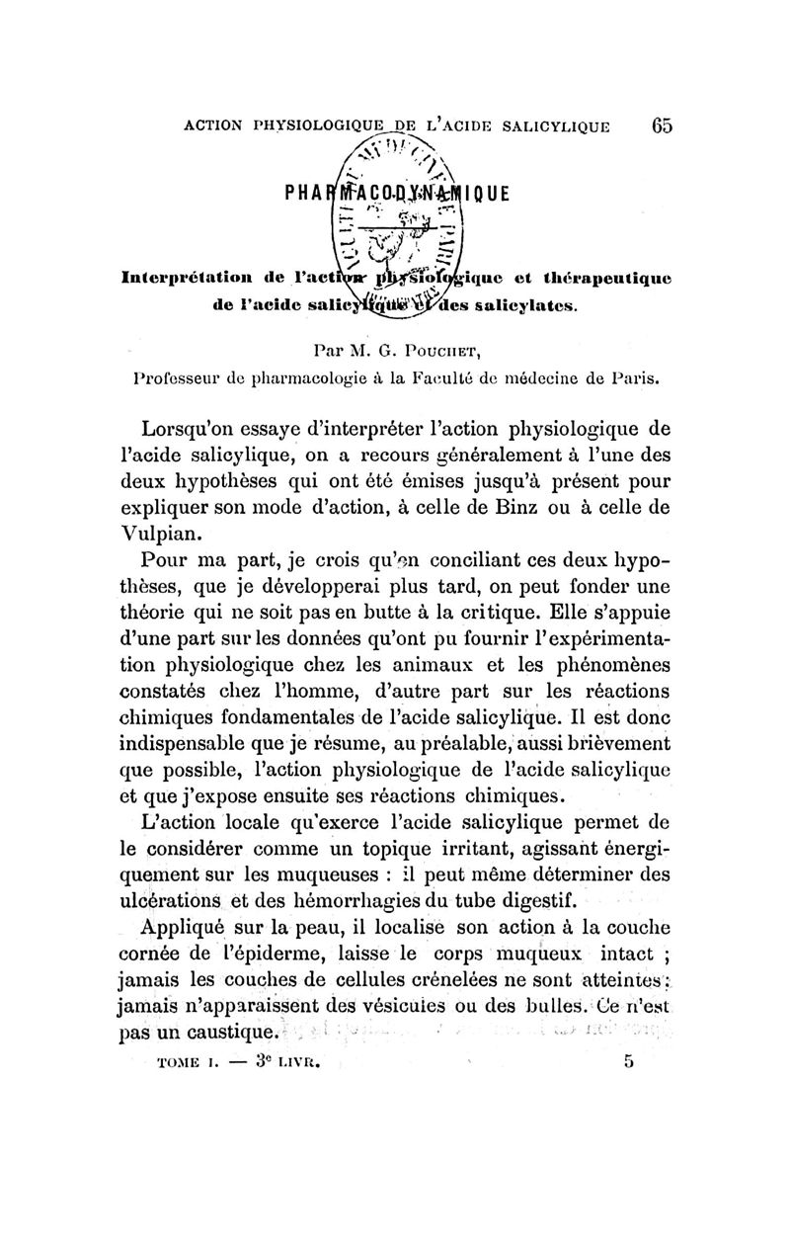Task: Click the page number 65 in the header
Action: (x=661, y=125)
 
